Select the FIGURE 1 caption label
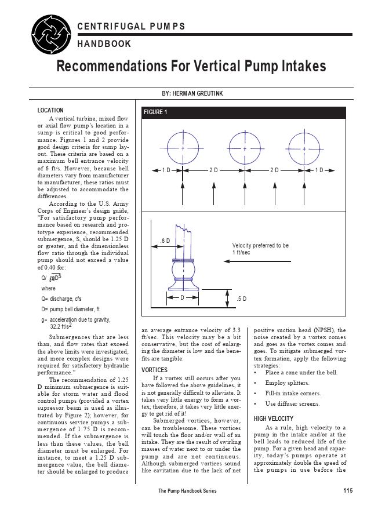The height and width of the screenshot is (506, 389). coord(155,112)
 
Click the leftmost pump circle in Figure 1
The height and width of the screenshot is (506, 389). coord(183,148)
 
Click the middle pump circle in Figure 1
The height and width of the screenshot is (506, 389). coord(245,148)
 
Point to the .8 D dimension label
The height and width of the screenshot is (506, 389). coord(166,241)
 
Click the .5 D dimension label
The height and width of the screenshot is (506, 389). coord(242,298)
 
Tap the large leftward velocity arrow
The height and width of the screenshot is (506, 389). coord(255,261)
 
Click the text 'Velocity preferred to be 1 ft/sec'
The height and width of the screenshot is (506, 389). coord(260,249)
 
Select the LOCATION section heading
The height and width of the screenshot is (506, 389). coord(50,110)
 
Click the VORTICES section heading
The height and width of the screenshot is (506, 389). coord(155,369)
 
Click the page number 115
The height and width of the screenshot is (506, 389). coord(347,491)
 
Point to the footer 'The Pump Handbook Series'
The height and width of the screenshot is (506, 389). coord(187,492)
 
